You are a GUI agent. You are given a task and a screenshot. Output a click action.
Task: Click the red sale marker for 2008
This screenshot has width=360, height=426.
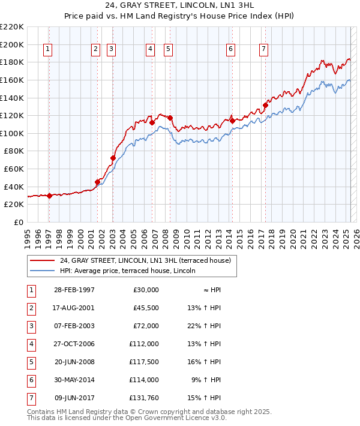coord(170,118)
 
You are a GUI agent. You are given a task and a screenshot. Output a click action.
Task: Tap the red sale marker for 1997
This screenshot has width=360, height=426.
coord(49,196)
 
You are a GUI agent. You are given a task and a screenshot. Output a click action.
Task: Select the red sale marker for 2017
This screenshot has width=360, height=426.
coord(265,106)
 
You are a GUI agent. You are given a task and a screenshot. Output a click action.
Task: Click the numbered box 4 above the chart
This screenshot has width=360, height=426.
coord(150,50)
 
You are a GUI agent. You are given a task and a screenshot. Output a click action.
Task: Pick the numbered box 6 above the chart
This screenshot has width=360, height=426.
coord(231,50)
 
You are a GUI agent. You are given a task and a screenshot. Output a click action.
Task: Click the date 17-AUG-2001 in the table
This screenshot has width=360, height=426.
coord(74,308)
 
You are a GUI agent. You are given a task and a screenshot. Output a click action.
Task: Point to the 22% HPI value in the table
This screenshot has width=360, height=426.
coord(204,326)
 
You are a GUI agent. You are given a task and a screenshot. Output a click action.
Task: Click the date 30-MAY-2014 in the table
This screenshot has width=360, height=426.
coord(74,380)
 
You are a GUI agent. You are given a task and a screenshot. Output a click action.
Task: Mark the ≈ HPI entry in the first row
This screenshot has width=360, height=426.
coord(211,290)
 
